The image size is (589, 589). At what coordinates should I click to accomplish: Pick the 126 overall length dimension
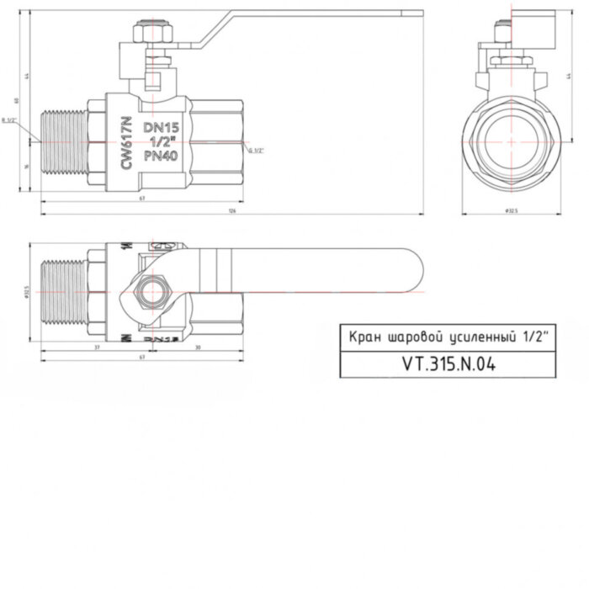click(x=231, y=211)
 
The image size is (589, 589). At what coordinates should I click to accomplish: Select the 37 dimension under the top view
click(x=97, y=347)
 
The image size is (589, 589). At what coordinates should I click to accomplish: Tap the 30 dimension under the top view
click(x=197, y=347)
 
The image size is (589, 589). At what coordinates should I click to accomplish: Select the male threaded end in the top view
click(x=61, y=291)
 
